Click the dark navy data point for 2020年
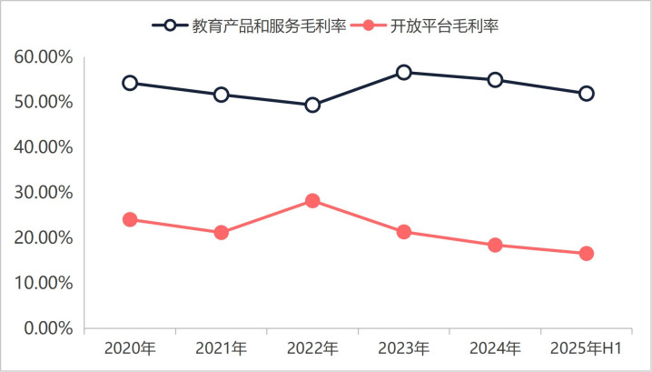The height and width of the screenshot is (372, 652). point(130,83)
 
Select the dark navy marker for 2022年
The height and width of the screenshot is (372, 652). point(312,105)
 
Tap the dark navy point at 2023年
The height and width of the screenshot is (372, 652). point(403,72)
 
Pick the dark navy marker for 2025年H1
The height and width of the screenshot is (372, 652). point(586,93)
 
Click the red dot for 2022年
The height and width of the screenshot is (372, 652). point(312,201)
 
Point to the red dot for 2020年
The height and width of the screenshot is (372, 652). point(130,219)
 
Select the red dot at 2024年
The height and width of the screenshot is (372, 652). point(495,245)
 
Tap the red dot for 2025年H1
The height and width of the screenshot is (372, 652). point(586,254)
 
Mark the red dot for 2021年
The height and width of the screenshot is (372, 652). point(221,233)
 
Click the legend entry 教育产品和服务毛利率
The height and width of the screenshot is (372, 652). point(258,25)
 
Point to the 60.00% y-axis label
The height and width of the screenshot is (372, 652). point(44,57)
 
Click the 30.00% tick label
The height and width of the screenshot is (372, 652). point(44,193)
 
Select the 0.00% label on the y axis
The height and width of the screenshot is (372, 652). point(48,328)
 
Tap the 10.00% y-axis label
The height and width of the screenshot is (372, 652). point(44,283)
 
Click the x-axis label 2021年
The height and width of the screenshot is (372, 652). point(221,348)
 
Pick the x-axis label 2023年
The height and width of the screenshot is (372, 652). point(403,348)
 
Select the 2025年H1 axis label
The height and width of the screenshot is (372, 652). point(586,348)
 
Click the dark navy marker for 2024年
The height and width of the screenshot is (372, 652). point(495,79)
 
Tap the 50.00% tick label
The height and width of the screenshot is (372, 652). point(44,103)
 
